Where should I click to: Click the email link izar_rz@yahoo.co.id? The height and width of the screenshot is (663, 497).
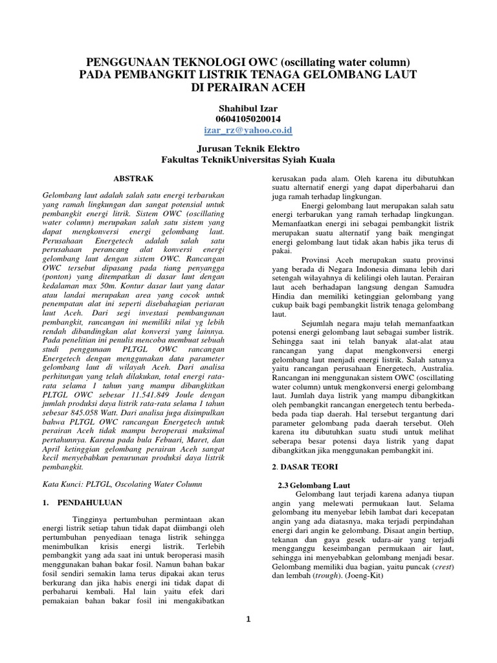tap(248, 130)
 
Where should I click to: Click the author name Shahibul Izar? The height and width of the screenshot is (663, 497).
tap(248, 107)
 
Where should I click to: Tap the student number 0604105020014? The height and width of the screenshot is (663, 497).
tap(248, 118)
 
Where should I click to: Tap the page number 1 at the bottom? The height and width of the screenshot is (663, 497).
tap(248, 620)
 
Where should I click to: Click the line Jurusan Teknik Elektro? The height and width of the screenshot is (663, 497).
tap(248, 148)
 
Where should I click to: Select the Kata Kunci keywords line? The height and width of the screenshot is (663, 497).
tap(122, 484)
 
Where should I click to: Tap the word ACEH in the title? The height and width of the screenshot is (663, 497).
tap(273, 87)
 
